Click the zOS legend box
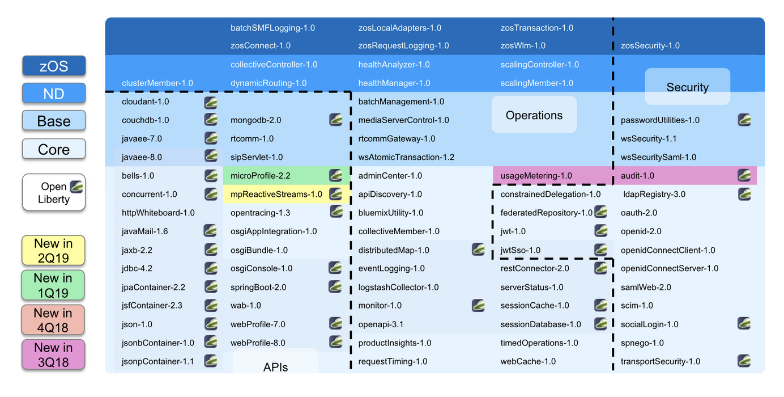click(54, 66)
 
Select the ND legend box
click(54, 94)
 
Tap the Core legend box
click(54, 149)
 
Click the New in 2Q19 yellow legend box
click(54, 250)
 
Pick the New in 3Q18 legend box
click(54, 354)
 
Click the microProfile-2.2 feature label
click(261, 176)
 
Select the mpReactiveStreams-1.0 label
click(276, 195)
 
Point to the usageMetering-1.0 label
click(536, 176)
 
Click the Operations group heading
click(534, 115)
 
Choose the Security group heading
click(687, 87)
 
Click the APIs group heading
click(275, 367)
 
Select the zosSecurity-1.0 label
click(650, 45)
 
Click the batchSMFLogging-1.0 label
click(272, 28)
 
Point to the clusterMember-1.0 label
click(157, 83)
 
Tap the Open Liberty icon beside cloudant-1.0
click(211, 102)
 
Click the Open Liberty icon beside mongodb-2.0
click(336, 120)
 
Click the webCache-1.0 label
click(528, 361)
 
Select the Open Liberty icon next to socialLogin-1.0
click(744, 324)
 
